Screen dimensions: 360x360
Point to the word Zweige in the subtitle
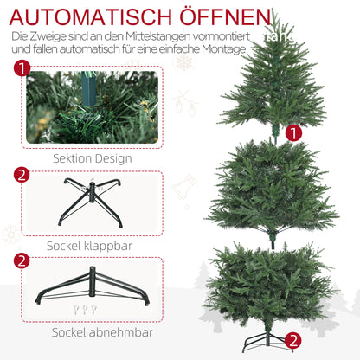click(x=51, y=37)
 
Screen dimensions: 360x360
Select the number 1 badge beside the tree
click(x=293, y=133)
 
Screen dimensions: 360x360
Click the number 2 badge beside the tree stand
click(x=293, y=340)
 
